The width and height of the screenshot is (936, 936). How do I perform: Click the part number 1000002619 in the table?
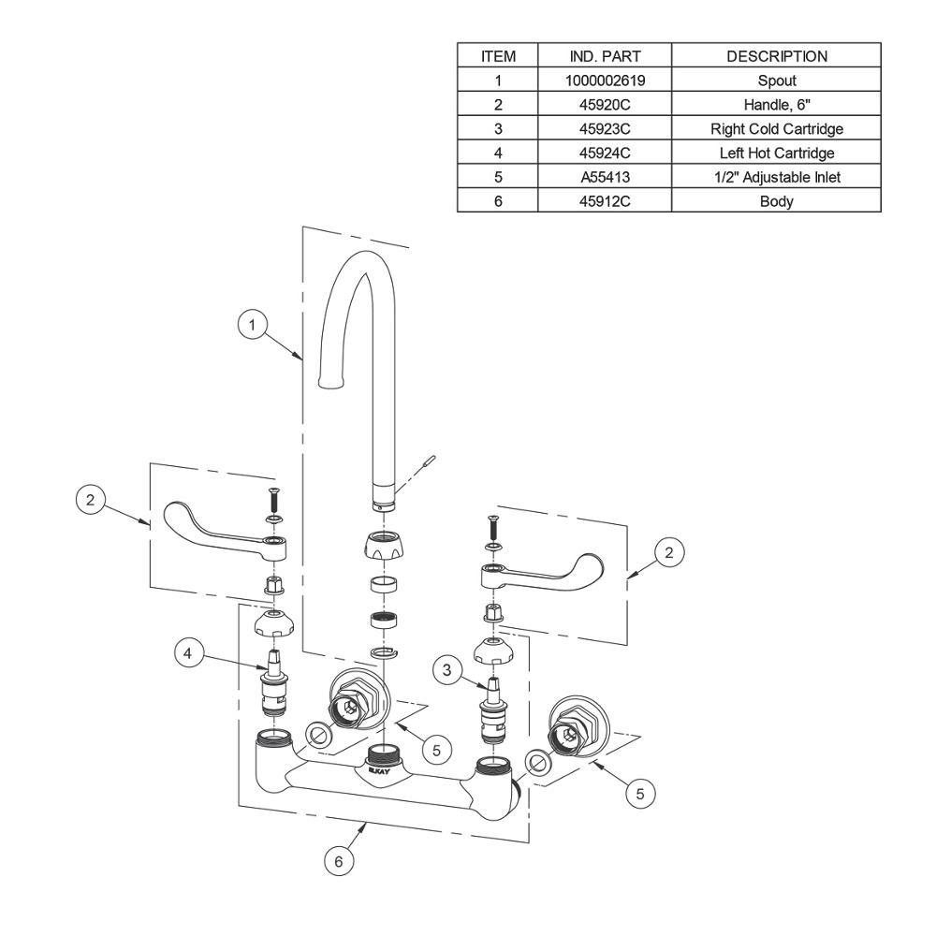tap(605, 80)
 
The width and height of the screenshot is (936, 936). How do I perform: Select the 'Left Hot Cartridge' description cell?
tap(777, 153)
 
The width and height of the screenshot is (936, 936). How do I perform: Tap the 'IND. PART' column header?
tap(605, 56)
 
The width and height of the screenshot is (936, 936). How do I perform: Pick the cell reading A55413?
tap(605, 177)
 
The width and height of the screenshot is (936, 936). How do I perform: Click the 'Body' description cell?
tap(777, 201)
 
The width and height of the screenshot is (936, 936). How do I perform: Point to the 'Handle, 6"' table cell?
tap(777, 105)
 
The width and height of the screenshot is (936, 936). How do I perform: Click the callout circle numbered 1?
tap(252, 325)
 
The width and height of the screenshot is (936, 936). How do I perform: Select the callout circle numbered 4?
tap(187, 653)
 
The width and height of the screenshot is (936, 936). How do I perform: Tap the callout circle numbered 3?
tap(447, 670)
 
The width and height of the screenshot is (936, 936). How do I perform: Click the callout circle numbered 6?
tap(339, 861)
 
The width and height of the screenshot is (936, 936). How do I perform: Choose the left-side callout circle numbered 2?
tap(90, 499)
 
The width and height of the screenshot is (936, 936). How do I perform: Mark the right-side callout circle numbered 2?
tap(668, 552)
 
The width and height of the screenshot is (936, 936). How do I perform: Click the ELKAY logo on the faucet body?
tap(378, 770)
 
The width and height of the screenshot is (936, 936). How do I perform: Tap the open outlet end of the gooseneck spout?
tap(331, 382)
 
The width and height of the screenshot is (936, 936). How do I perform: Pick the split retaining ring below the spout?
tap(383, 651)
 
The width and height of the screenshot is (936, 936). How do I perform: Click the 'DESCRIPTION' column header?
tap(777, 56)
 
